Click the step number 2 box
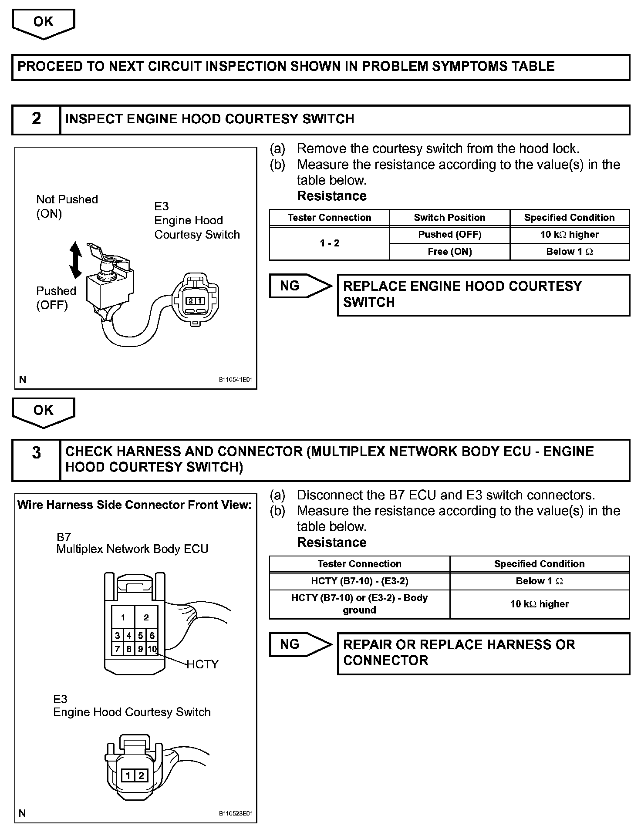[36, 119]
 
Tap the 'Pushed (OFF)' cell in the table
[449, 235]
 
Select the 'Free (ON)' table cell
[449, 252]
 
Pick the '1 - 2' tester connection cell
[329, 243]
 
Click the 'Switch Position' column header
[449, 218]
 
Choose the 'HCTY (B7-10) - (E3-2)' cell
[359, 581]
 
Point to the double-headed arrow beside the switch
[76, 260]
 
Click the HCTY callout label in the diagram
[202, 664]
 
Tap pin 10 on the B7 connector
[152, 649]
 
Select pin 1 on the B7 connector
[123, 617]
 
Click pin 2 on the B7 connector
[146, 617]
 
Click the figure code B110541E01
[236, 380]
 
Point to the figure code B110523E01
[236, 813]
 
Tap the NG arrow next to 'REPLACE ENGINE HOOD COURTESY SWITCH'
[300, 286]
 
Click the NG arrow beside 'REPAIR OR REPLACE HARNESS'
[300, 644]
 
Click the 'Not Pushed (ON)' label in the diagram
[67, 206]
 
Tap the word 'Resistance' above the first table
[331, 196]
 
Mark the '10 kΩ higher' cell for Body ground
[539, 604]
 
